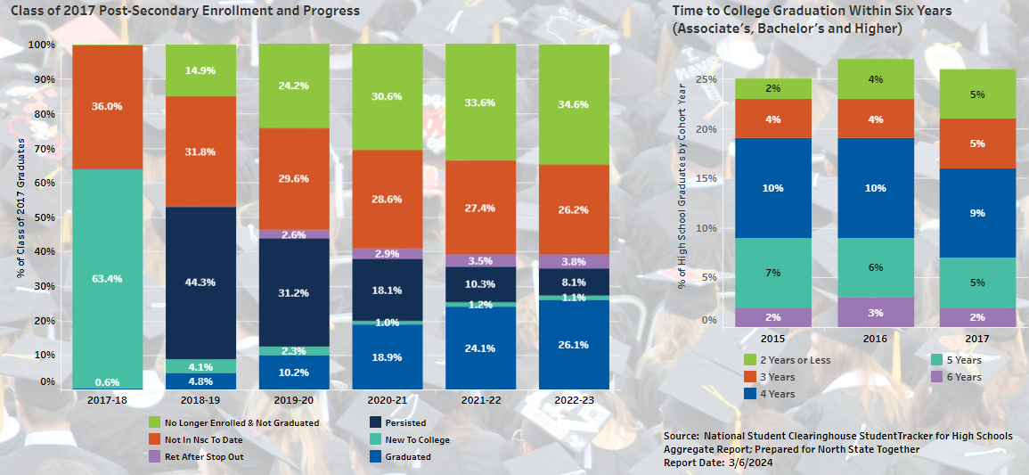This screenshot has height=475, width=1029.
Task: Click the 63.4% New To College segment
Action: pos(107,278)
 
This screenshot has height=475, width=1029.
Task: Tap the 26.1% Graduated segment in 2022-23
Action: pos(574,344)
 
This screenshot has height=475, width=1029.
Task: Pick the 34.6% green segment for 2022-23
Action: pos(574,104)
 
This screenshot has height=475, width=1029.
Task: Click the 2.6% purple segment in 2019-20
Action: pos(294,234)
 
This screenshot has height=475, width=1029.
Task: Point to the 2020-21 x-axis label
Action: pos(387,402)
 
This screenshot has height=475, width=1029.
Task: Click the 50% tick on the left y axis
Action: pos(41,217)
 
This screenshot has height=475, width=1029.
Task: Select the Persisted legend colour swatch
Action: pos(376,422)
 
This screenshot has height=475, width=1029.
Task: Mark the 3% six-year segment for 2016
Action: pos(875,313)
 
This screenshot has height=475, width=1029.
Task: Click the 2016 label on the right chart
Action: pos(876,340)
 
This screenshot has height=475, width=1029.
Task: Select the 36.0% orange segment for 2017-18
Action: pos(107,106)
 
